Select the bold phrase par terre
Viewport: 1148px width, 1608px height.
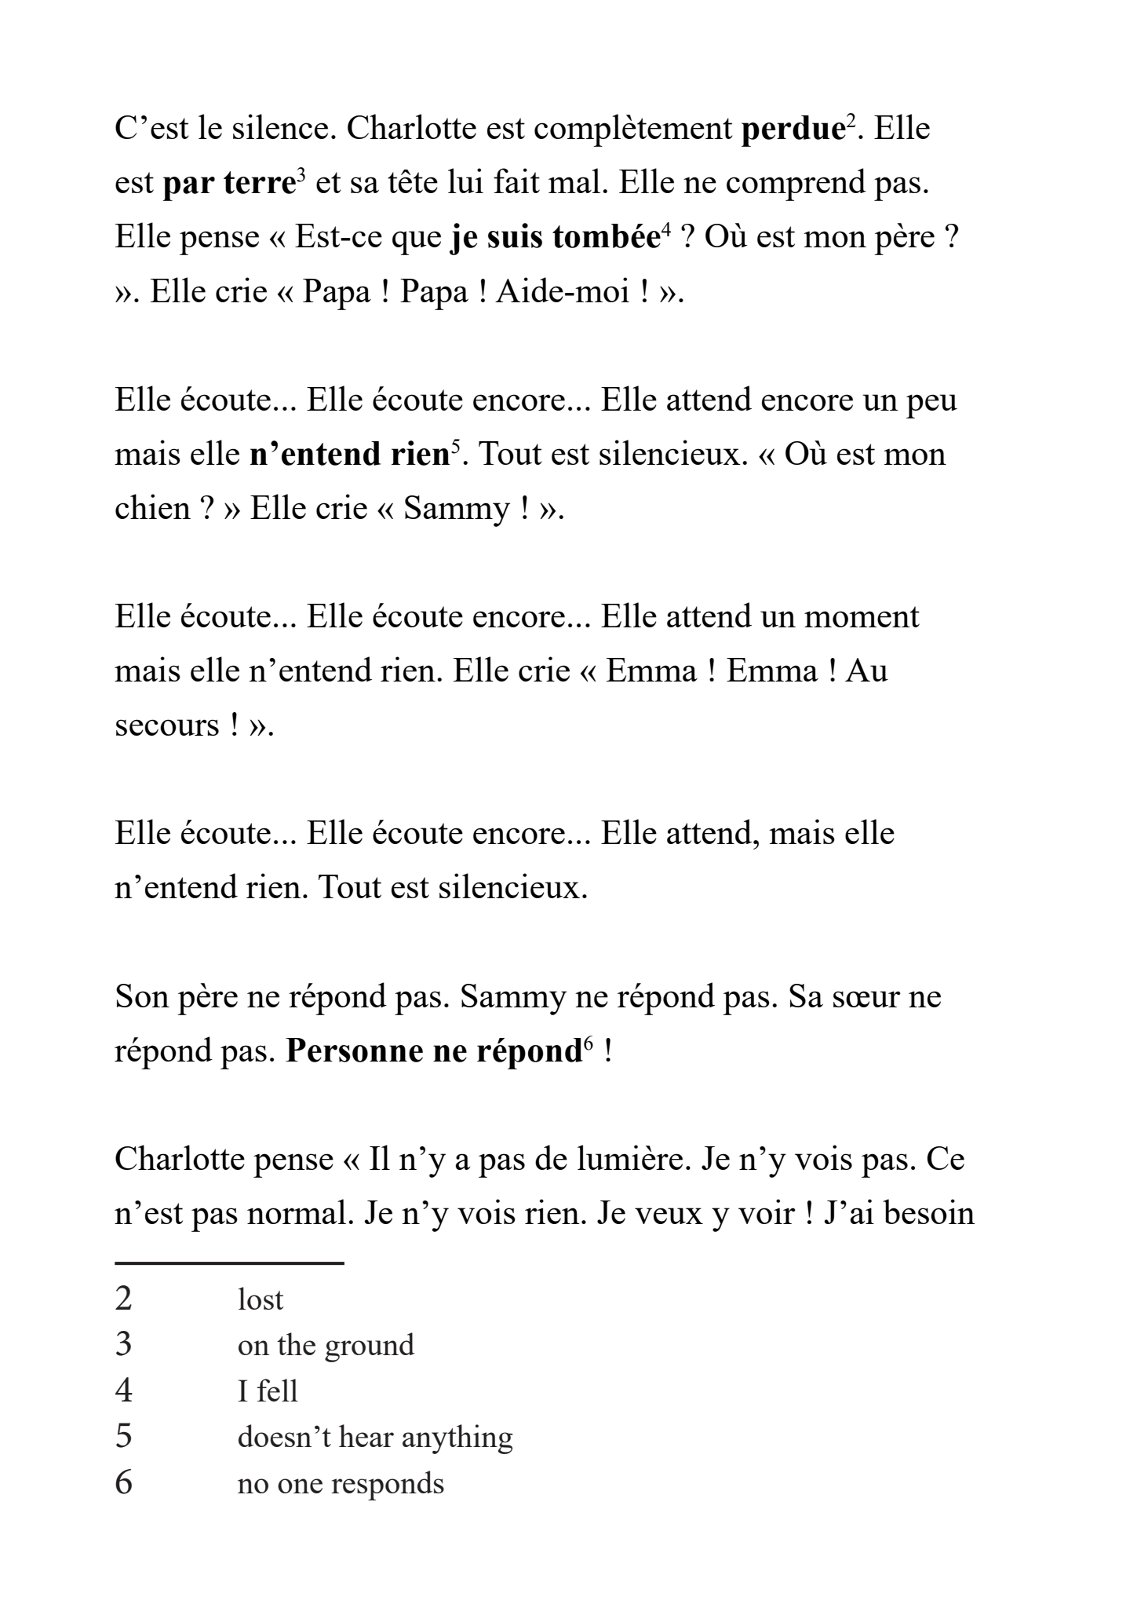228,184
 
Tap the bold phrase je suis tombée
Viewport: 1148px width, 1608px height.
555,238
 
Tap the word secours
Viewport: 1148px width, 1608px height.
167,725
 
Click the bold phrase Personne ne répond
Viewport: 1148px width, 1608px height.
432,1051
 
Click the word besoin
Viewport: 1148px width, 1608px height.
929,1214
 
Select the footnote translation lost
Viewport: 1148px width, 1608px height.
260,1300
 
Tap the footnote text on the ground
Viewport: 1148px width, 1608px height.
326,1346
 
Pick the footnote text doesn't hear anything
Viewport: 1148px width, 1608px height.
375,1438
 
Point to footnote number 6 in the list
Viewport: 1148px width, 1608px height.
124,1483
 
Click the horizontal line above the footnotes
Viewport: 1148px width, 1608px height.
229,1263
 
